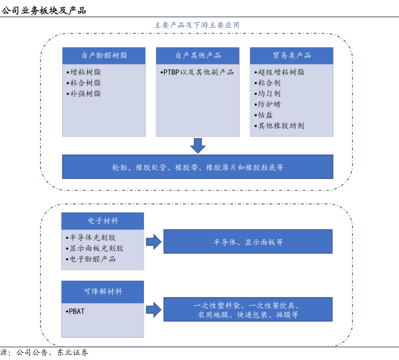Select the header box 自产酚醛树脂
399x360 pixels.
point(104,56)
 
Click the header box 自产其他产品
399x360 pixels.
point(198,56)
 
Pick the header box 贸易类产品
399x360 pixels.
point(292,56)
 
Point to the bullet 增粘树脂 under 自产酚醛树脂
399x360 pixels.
point(84,72)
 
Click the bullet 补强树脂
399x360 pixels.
point(84,94)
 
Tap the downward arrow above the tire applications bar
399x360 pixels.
point(198,146)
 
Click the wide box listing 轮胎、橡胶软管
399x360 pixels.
point(198,167)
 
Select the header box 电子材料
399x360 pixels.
point(103,221)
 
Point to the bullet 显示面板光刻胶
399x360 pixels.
point(96,248)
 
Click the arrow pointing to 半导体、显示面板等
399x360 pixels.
point(153,242)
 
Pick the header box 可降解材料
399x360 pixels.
point(103,292)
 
